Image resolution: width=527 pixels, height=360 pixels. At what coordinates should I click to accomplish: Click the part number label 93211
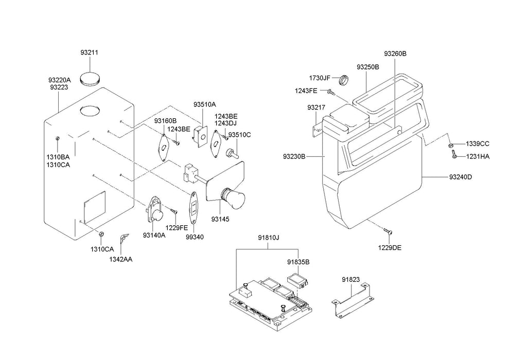(x=89, y=52)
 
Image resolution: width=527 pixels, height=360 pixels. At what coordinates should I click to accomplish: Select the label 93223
(x=59, y=87)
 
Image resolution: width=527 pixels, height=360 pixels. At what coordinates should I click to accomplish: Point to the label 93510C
(x=239, y=135)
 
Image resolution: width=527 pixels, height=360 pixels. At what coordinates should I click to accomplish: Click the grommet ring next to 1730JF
(x=343, y=80)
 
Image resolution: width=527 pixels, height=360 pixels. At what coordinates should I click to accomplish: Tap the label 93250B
(x=368, y=67)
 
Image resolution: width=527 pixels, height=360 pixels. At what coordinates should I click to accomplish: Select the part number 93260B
(x=395, y=53)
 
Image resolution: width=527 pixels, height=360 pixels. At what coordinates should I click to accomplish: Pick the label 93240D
(x=460, y=177)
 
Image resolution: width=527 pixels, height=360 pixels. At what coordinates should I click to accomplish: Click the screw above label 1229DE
(x=389, y=231)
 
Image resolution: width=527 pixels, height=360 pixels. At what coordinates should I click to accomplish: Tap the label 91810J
(x=268, y=238)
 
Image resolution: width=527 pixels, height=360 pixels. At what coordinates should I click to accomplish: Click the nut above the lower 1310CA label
(x=101, y=235)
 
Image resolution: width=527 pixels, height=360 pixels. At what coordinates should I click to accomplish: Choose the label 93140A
(x=154, y=236)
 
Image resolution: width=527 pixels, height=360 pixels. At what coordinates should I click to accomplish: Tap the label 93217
(x=316, y=107)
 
